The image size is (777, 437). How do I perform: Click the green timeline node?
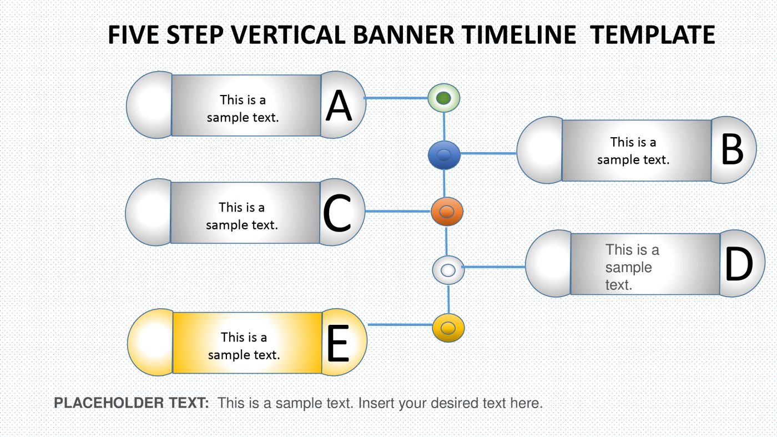tap(443, 99)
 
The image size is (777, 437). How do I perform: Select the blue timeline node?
tap(444, 155)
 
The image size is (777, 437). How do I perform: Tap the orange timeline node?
tap(447, 212)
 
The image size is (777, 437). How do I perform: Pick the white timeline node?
tap(448, 270)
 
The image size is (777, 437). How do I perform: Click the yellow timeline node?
tap(448, 327)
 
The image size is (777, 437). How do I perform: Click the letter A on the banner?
tap(339, 106)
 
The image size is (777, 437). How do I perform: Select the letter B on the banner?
tap(731, 150)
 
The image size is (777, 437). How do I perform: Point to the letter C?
tap(337, 214)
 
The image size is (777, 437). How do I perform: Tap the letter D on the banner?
tap(739, 265)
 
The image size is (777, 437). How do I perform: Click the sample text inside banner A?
tap(243, 108)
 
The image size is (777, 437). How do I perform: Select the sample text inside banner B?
tap(633, 150)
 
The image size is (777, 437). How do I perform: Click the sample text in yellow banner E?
tap(244, 345)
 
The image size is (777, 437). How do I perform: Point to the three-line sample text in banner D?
tap(632, 267)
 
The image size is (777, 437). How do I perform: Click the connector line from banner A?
tap(395, 99)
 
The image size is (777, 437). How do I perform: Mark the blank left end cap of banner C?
tap(148, 212)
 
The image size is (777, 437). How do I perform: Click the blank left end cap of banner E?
tap(150, 342)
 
